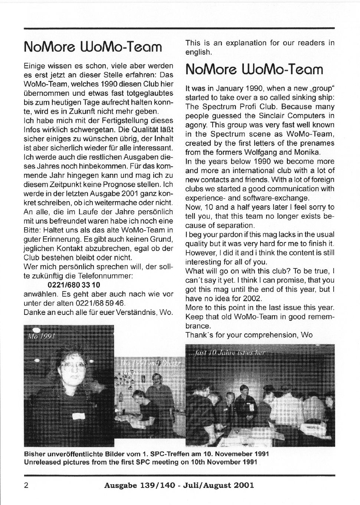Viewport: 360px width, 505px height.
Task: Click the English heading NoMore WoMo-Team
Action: coord(254,69)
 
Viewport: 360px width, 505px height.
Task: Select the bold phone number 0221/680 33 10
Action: coord(74,285)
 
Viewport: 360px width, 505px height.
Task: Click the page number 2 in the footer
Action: coord(26,485)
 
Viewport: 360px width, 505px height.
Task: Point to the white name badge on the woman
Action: coord(82,415)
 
